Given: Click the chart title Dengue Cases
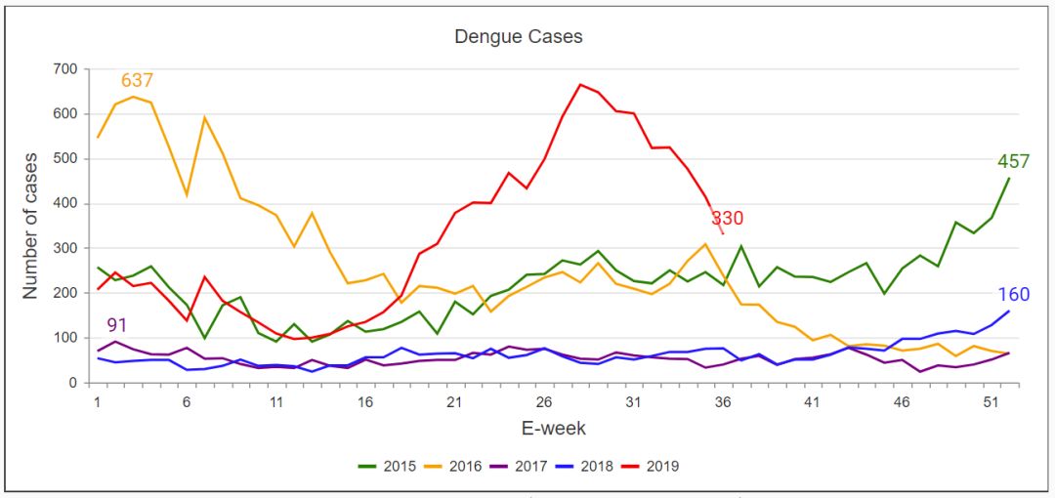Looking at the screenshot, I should (x=518, y=37).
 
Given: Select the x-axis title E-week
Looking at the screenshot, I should (x=553, y=428).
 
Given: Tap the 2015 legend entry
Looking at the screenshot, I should (x=391, y=466).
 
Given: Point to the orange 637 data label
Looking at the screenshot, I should (x=137, y=80).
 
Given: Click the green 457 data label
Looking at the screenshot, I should (x=1013, y=161).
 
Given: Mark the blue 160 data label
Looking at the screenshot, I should (x=1013, y=294).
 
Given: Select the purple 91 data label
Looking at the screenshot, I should (x=117, y=325).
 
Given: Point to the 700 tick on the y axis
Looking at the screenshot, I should (x=65, y=69).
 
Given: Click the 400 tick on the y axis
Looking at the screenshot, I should (x=65, y=204).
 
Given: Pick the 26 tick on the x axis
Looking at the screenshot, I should (x=544, y=401).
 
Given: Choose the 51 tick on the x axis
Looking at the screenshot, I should (x=991, y=401).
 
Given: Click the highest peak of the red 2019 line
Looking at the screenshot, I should (x=580, y=84).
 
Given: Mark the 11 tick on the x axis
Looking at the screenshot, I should (x=276, y=401).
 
